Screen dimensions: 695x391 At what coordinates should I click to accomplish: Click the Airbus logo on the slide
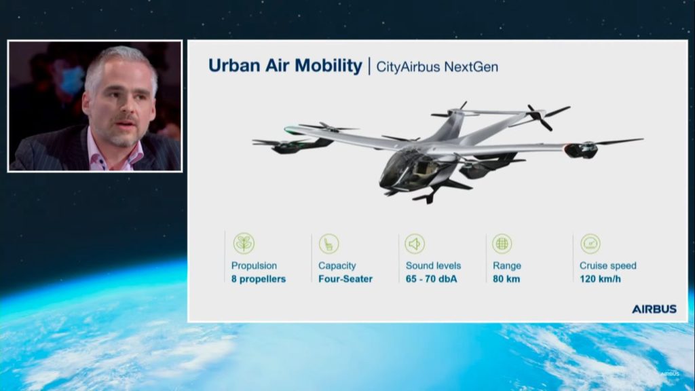point(654,309)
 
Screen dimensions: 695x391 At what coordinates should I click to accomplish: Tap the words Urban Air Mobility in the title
point(285,66)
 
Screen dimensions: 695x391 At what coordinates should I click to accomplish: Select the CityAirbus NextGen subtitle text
point(437,67)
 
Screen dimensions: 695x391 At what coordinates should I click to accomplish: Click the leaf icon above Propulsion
point(244,244)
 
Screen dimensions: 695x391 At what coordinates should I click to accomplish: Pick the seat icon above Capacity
point(329,244)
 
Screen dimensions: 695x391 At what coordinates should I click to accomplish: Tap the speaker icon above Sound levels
point(415,244)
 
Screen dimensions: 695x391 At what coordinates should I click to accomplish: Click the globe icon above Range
point(502,244)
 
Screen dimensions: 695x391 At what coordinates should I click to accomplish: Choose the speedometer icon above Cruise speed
point(590,244)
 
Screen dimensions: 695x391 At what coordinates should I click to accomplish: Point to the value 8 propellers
point(259,279)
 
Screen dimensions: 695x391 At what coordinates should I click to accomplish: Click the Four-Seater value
point(345,279)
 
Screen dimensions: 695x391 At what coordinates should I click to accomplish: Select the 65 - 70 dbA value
point(431,279)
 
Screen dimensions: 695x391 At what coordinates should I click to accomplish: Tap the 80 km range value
point(506,279)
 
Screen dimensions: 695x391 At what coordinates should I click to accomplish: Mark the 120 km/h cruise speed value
point(600,279)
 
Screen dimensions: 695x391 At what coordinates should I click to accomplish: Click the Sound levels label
point(433,265)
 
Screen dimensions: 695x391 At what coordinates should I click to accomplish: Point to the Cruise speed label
point(607,266)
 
